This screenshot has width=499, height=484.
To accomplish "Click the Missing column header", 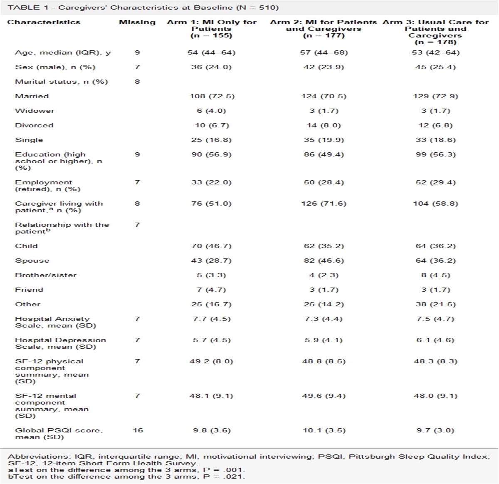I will tap(137, 22).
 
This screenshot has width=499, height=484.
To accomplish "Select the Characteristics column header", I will tap(44, 22).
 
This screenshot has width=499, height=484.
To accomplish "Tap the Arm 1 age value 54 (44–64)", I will tap(211, 52).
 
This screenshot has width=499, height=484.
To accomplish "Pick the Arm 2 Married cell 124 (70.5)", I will tap(324, 96).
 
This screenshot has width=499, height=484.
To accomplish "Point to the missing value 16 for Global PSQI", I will tap(138, 430).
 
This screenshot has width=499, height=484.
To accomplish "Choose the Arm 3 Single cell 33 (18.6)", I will tap(435, 140).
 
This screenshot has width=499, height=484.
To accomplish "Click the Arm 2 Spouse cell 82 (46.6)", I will tap(324, 261).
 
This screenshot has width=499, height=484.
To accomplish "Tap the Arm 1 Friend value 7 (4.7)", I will tap(211, 290).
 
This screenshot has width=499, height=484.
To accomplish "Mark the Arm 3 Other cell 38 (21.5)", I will tap(435, 304).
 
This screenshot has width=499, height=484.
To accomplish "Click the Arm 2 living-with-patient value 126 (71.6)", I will tap(324, 204).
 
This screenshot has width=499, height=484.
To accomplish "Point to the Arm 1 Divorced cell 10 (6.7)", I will tap(211, 125).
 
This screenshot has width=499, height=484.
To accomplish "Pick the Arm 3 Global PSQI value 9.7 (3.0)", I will tap(435, 430).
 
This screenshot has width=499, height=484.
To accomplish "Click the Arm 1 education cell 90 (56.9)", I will tap(211, 154).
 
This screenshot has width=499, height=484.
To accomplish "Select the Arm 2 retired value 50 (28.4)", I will tap(324, 182).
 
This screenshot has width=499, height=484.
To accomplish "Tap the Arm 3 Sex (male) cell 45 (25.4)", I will tap(435, 67).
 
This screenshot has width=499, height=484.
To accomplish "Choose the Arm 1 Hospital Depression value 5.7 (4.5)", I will tap(211, 340).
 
